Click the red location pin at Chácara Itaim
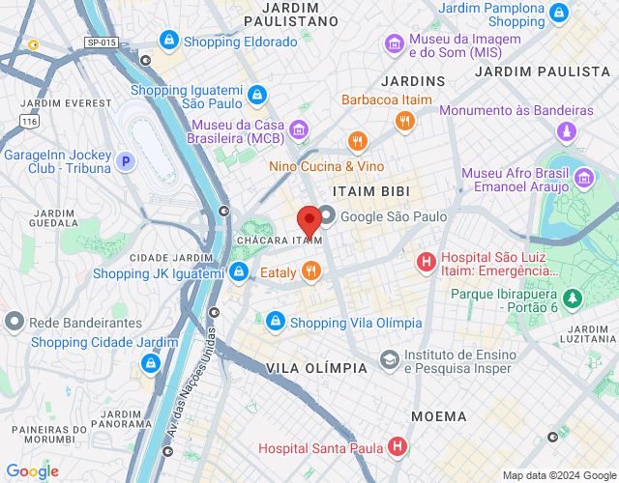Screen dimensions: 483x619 [x=309, y=221]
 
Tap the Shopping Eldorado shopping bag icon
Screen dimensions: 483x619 [x=169, y=42]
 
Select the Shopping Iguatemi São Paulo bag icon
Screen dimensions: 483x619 [x=256, y=95]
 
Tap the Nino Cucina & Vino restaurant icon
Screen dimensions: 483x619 [x=358, y=143]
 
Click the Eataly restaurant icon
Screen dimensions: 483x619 [x=310, y=271]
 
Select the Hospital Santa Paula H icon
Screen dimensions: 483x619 [x=397, y=446]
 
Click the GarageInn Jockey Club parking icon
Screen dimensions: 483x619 [x=126, y=162]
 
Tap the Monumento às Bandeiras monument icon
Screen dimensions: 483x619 [x=567, y=131]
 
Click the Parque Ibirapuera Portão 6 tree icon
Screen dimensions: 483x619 [x=573, y=298]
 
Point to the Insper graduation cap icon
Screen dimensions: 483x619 [x=389, y=359]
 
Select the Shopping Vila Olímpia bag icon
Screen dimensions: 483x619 [x=276, y=321]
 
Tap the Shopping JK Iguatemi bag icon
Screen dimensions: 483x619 [x=238, y=273]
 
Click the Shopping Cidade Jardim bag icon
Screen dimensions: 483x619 [x=150, y=363]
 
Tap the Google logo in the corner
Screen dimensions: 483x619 [x=32, y=471]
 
